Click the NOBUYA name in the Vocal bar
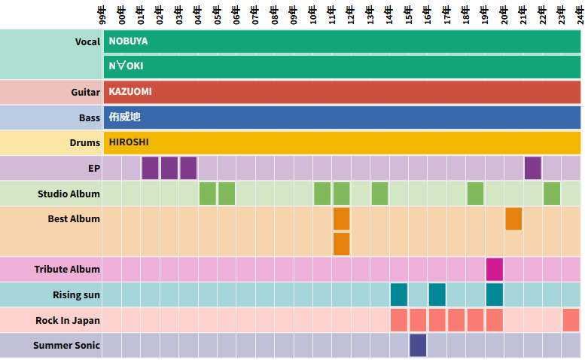click(x=128, y=41)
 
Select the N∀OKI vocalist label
click(x=126, y=66)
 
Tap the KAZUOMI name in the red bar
click(x=130, y=92)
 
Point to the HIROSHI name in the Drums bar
click(x=129, y=142)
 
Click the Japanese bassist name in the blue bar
click(x=124, y=117)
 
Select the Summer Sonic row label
click(x=66, y=346)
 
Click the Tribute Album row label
click(x=67, y=270)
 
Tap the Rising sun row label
click(x=76, y=295)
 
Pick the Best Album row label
click(x=74, y=219)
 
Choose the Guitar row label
click(x=86, y=93)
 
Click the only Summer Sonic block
click(x=418, y=345)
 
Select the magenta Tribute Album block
click(x=494, y=269)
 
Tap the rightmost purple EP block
click(x=532, y=168)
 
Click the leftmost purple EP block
click(x=150, y=168)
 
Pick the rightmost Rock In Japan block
click(x=571, y=320)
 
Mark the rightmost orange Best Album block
click(x=513, y=218)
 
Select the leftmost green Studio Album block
click(x=208, y=194)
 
